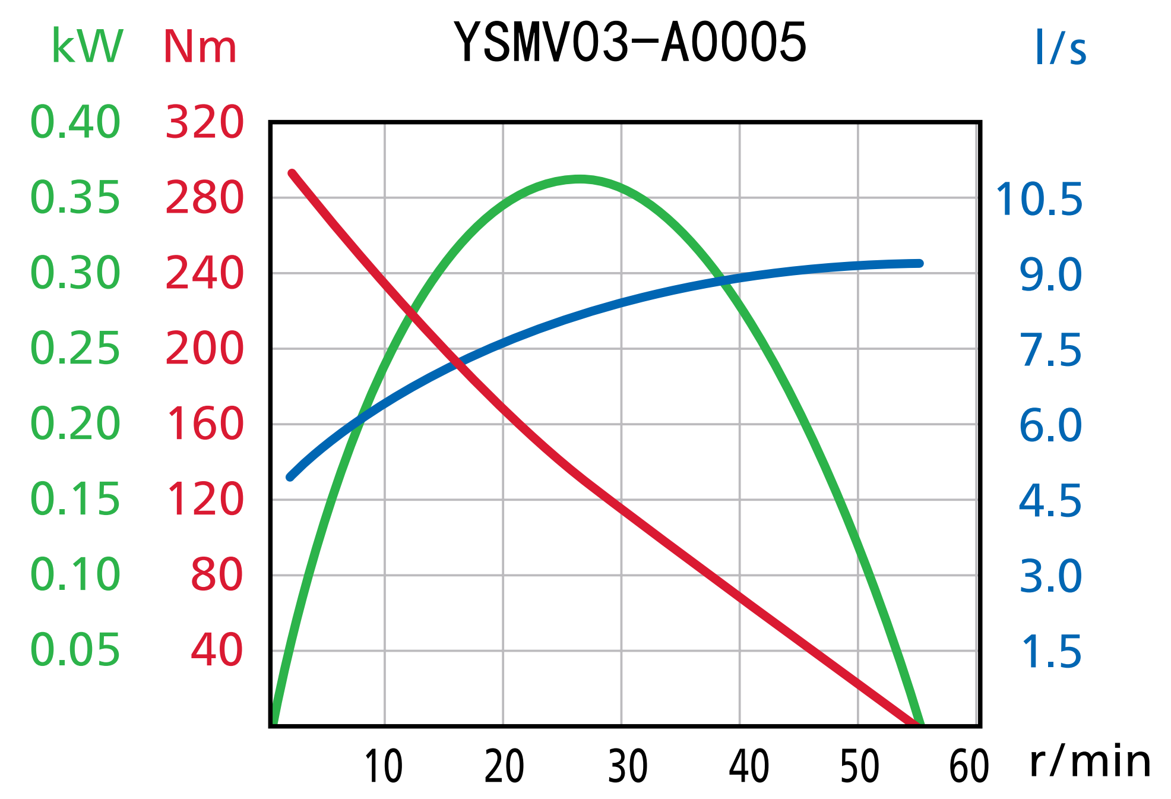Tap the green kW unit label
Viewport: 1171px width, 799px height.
87,46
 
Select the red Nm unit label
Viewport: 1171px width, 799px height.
200,46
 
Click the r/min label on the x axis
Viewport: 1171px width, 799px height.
1090,762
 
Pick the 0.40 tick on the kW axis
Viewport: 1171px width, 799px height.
75,122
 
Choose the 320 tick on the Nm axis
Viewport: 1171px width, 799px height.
204,122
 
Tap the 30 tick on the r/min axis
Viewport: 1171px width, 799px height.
628,766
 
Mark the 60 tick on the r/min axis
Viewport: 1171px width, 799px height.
969,766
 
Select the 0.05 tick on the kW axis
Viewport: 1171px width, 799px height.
75,650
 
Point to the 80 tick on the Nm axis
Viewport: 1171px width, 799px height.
217,574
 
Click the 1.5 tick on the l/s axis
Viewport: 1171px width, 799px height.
1050,652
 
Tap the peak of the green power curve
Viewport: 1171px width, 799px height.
579,179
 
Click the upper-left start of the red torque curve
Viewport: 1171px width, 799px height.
292,173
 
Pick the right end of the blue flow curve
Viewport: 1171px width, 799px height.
919,263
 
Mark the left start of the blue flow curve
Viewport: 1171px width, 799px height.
290,477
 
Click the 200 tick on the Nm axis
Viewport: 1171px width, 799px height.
204,348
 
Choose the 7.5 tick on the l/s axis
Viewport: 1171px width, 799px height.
1050,350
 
